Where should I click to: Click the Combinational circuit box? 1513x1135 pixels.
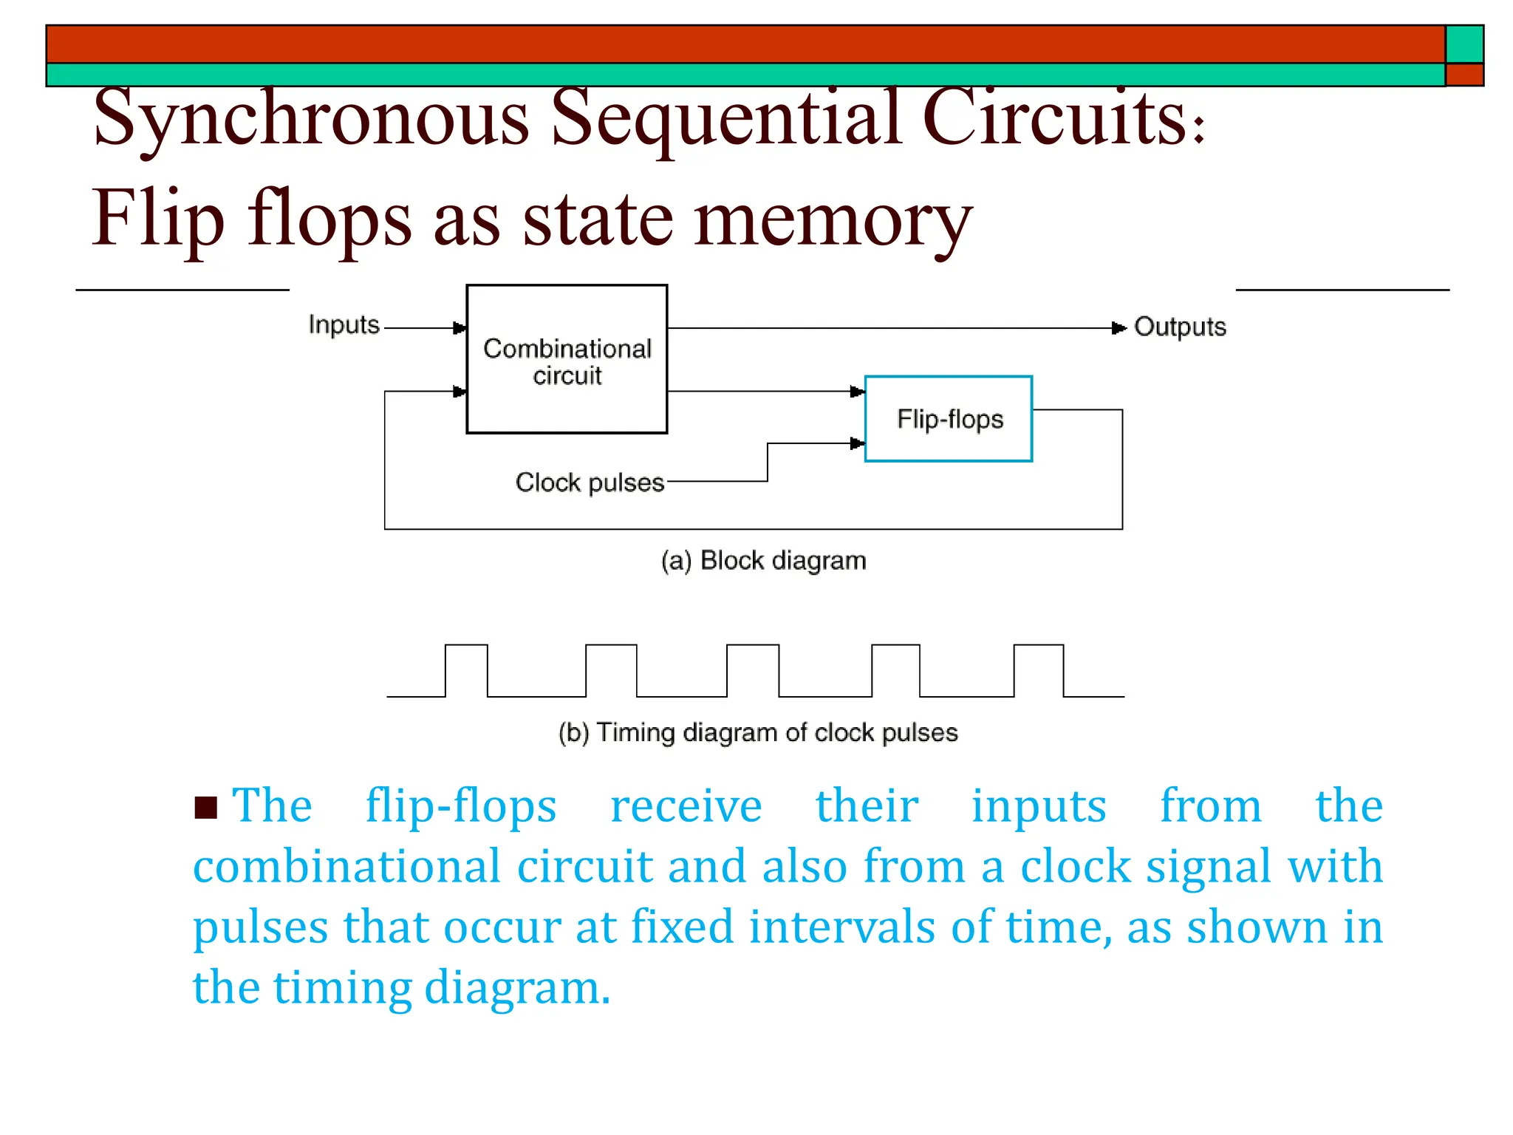pyautogui.click(x=567, y=359)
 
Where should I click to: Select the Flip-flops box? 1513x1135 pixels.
pyautogui.click(x=949, y=419)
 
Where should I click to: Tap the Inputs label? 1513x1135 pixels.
pyautogui.click(x=344, y=325)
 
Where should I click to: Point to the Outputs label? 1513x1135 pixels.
pyautogui.click(x=1180, y=327)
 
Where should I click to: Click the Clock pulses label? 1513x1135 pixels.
pyautogui.click(x=590, y=483)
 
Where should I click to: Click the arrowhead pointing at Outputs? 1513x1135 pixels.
pyautogui.click(x=1119, y=328)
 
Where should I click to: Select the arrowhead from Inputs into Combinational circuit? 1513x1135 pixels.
pyautogui.click(x=460, y=328)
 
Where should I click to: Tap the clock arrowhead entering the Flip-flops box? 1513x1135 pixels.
pyautogui.click(x=857, y=443)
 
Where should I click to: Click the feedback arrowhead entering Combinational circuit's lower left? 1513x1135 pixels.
pyautogui.click(x=460, y=392)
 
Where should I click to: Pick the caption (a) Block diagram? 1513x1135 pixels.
pyautogui.click(x=763, y=561)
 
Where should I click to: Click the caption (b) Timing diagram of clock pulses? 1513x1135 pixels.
pyautogui.click(x=758, y=732)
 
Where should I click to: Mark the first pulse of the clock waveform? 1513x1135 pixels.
pyautogui.click(x=466, y=669)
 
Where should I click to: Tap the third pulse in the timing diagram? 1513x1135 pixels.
pyautogui.click(x=752, y=669)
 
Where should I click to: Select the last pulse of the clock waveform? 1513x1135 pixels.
pyautogui.click(x=1038, y=669)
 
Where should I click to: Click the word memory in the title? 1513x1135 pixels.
pyautogui.click(x=833, y=219)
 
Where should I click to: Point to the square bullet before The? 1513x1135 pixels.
pyautogui.click(x=205, y=808)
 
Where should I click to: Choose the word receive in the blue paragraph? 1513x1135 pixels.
pyautogui.click(x=686, y=805)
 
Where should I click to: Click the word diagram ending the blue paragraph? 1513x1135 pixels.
pyautogui.click(x=517, y=988)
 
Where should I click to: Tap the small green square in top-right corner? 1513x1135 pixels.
pyautogui.click(x=1464, y=44)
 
